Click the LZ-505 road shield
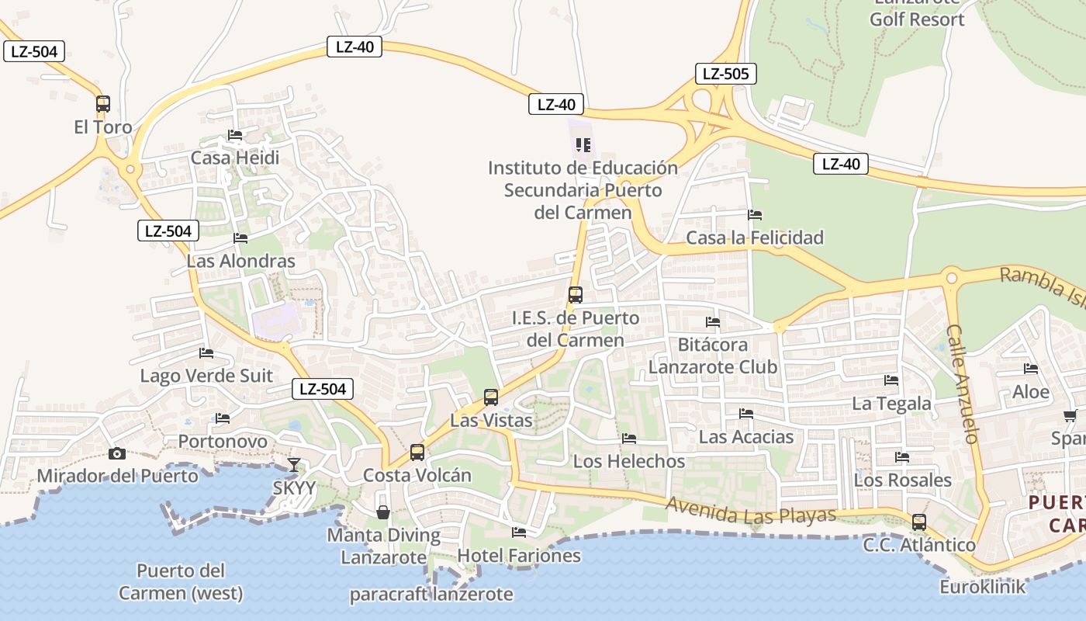[x=725, y=74]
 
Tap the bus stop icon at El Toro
[x=103, y=103]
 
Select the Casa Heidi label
[x=235, y=158]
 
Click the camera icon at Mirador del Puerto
[x=117, y=453]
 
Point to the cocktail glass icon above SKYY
[x=294, y=465]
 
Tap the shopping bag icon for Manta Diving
[x=383, y=512]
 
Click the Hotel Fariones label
[x=519, y=556]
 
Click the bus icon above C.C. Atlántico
[x=919, y=522]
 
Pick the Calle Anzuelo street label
[x=963, y=383]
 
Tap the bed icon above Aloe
[x=1031, y=369]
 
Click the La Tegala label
[x=891, y=404]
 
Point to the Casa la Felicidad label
[x=755, y=238]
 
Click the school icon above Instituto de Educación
[x=583, y=144]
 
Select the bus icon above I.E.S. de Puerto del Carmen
[x=575, y=295]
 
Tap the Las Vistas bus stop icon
[x=491, y=397]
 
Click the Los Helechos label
[x=628, y=461]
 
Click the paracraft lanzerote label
[x=431, y=595]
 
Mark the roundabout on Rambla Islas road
[x=952, y=278]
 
